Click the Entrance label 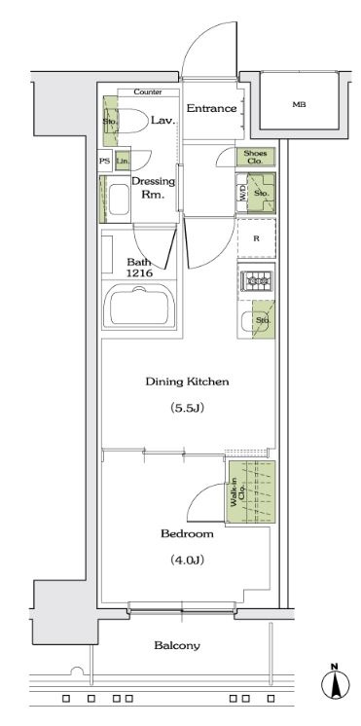tap(211, 109)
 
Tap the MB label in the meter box tap(299, 105)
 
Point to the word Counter tap(148, 92)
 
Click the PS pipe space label tap(104, 162)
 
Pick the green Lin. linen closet tap(123, 162)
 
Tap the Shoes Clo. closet tap(256, 158)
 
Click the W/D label tap(241, 193)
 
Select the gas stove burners tap(257, 280)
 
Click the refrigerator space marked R tap(257, 238)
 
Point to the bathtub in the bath tap(139, 307)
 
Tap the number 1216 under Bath tap(140, 272)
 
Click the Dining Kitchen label tap(187, 382)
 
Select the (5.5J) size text tap(187, 408)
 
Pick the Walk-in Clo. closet tap(250, 491)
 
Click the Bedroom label tap(187, 534)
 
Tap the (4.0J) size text tap(187, 560)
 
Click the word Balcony tap(177, 645)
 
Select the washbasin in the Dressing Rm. tap(119, 200)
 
